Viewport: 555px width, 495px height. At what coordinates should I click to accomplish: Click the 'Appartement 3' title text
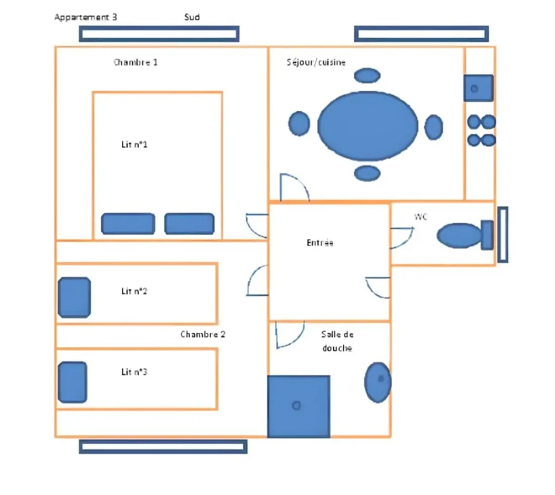click(x=86, y=17)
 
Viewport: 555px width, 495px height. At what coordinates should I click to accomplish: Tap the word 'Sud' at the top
click(x=192, y=17)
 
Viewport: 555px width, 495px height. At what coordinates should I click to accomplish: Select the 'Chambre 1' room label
click(x=136, y=63)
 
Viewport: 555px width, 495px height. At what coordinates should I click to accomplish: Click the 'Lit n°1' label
click(x=135, y=144)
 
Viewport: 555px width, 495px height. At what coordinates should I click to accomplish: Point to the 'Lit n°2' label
click(x=135, y=291)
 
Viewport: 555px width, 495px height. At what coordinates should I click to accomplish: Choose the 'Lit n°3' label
click(x=135, y=372)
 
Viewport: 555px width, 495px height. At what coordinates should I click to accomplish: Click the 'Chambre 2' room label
click(x=203, y=334)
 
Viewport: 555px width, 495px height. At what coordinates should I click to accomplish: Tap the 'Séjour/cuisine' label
click(x=316, y=63)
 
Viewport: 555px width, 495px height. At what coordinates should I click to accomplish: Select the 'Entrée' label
click(x=320, y=243)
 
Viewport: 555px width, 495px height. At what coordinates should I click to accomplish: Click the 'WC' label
click(x=421, y=216)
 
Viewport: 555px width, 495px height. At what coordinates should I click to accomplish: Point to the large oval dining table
click(x=368, y=126)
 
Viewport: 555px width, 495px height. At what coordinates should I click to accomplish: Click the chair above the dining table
click(x=367, y=75)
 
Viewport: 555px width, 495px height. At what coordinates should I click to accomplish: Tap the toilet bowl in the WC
click(x=460, y=236)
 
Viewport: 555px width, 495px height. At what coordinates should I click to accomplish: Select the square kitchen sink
click(x=478, y=88)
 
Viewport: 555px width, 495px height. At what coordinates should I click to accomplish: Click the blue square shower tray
click(x=299, y=407)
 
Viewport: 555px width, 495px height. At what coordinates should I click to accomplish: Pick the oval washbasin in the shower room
click(x=378, y=382)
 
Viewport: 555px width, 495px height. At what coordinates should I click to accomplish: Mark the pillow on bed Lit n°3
click(x=73, y=382)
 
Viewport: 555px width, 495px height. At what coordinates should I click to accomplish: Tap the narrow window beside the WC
click(x=503, y=235)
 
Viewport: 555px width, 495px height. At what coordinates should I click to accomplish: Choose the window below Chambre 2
click(x=163, y=447)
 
